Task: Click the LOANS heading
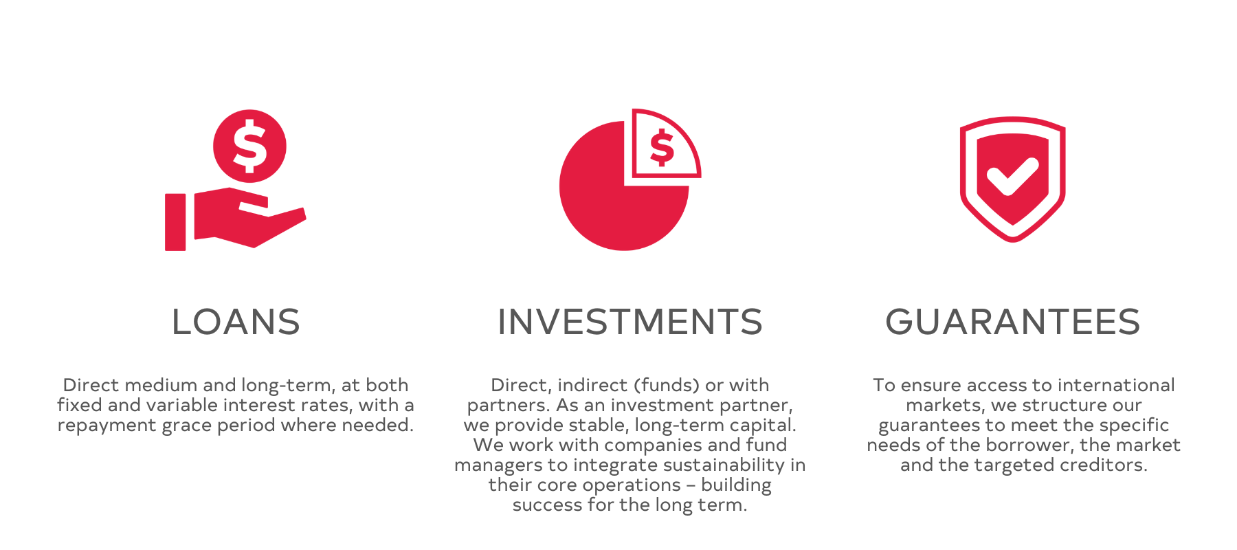(x=236, y=322)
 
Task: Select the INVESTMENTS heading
(x=630, y=322)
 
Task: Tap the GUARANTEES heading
(x=1013, y=322)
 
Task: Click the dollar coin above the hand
(x=249, y=146)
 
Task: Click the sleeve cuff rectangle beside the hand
(x=175, y=222)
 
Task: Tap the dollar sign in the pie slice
(x=662, y=148)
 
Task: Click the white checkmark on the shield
(x=1012, y=175)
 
